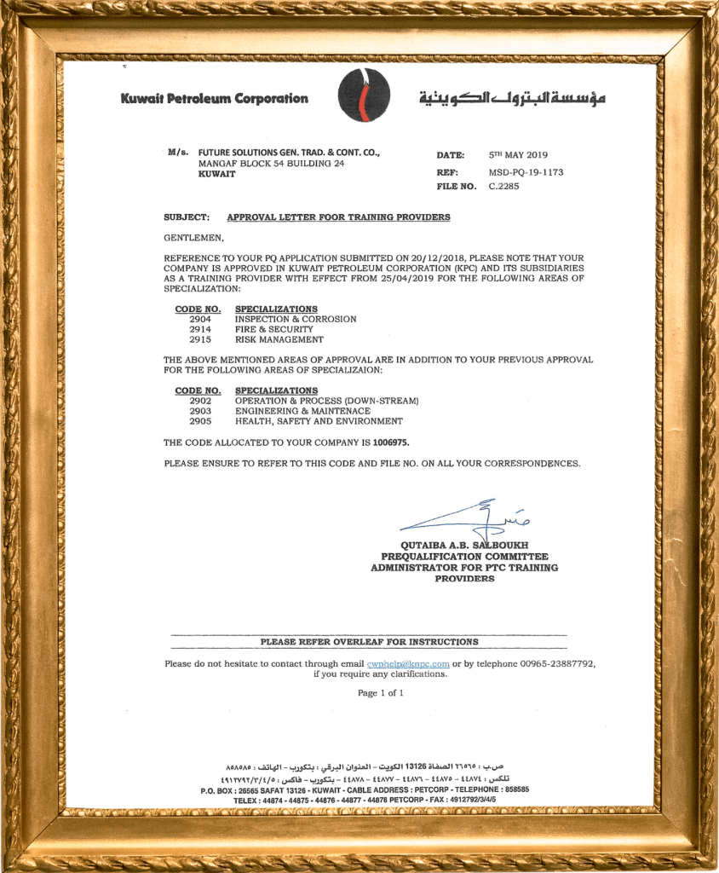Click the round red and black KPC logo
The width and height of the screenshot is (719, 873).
tap(364, 95)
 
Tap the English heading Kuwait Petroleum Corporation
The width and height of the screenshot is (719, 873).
tap(214, 98)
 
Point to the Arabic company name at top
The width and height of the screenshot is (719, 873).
tap(512, 98)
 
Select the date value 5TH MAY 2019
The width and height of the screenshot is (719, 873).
tap(518, 155)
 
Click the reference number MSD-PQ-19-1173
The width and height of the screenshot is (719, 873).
tap(526, 171)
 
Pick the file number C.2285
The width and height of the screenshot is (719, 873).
tap(503, 186)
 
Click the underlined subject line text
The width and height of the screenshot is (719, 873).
tap(338, 217)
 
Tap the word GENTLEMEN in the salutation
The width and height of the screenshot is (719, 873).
tap(193, 237)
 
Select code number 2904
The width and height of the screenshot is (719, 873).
tap(200, 319)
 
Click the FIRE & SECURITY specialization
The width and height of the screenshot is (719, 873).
tap(273, 329)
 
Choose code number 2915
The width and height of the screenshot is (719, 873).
tap(200, 339)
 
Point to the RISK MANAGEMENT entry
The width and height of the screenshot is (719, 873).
tap(279, 339)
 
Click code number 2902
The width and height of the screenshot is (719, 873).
tap(200, 401)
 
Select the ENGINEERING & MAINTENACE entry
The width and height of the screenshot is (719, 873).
tap(302, 411)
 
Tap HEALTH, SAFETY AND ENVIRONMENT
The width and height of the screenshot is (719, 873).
tap(319, 421)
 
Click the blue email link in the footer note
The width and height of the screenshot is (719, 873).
tap(407, 663)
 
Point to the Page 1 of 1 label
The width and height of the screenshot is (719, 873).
tap(380, 693)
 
